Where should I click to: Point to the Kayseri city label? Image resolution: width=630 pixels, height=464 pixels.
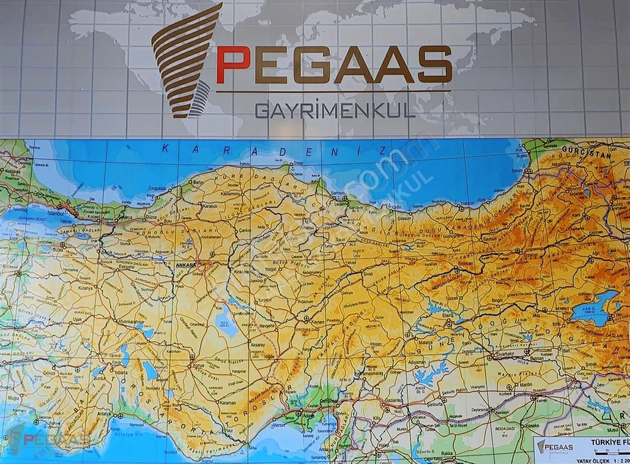coord(317,321)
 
